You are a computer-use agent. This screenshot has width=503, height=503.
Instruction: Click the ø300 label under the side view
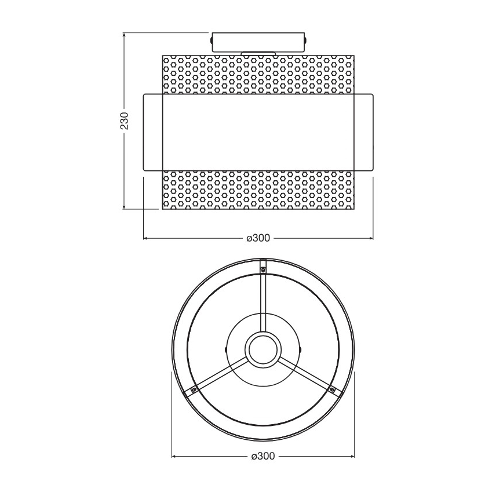tap(258, 238)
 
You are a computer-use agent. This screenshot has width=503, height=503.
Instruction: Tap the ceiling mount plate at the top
tap(258, 41)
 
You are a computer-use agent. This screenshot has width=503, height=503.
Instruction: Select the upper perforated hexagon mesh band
tap(258, 73)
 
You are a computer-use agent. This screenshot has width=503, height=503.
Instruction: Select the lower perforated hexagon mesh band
tap(258, 190)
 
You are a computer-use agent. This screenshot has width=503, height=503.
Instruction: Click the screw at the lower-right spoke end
tap(332, 389)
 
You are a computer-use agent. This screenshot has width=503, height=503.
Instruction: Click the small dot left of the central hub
tap(225, 349)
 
